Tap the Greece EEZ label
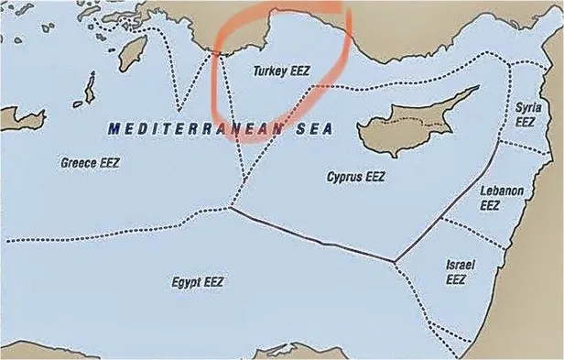pyautogui.click(x=90, y=163)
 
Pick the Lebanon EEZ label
pyautogui.click(x=503, y=198)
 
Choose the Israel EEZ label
pyautogui.click(x=459, y=272)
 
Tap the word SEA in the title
pyautogui.click(x=313, y=129)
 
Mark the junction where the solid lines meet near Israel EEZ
pyautogui.click(x=395, y=262)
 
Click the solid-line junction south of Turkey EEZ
pyautogui.click(x=229, y=208)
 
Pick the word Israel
pyautogui.click(x=459, y=265)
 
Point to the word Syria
pyautogui.click(x=526, y=107)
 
